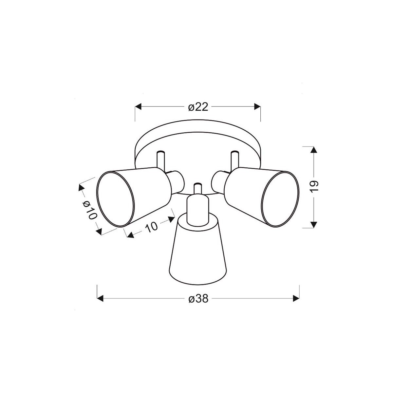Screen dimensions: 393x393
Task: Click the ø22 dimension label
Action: tap(198, 107)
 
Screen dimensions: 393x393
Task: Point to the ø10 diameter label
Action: tap(89, 210)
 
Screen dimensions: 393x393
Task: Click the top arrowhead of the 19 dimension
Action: tap(314, 150)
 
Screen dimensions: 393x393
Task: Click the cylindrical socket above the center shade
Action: tap(197, 209)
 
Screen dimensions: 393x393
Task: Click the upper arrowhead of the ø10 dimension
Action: tap(81, 188)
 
